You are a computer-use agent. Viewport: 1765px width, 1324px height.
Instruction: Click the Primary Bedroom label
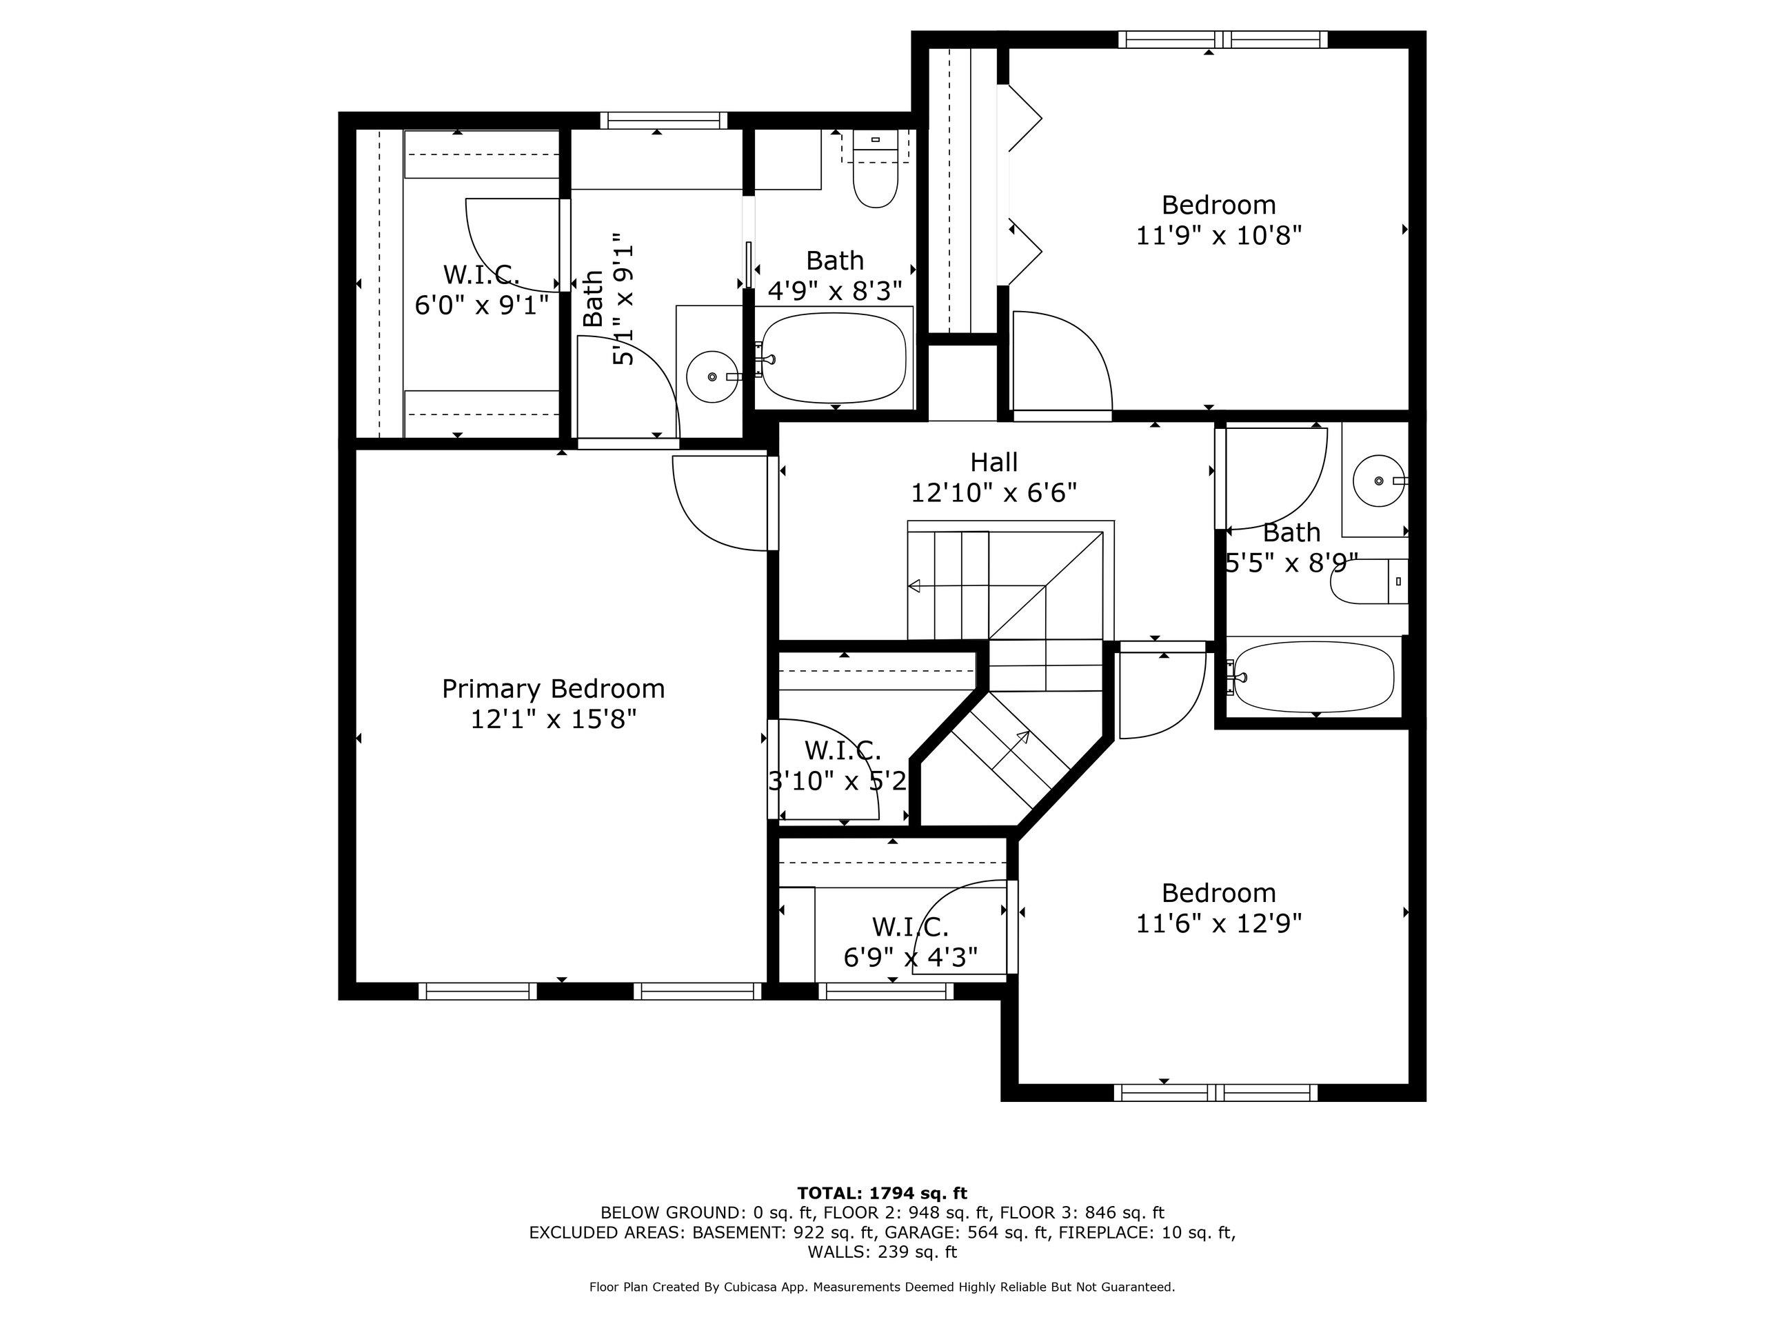click(553, 689)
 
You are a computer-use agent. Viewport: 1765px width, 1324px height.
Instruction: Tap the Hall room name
click(994, 462)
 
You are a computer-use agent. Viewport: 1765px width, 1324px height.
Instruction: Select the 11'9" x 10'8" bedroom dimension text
click(1218, 235)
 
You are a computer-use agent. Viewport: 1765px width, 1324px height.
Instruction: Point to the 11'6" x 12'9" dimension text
click(1218, 923)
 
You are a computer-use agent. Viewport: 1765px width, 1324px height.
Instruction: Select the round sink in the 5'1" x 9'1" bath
click(712, 376)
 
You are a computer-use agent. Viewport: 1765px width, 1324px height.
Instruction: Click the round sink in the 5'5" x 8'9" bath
click(1380, 481)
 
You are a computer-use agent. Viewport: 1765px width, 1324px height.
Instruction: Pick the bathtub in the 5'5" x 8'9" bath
click(1313, 676)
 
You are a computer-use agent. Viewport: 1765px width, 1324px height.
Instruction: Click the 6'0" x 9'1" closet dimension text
click(482, 304)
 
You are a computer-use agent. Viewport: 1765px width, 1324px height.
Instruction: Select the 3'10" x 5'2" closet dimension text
click(838, 781)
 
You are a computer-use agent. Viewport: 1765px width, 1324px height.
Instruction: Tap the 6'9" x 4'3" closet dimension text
click(911, 956)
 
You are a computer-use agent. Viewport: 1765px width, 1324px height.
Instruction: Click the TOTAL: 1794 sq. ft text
click(882, 1194)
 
